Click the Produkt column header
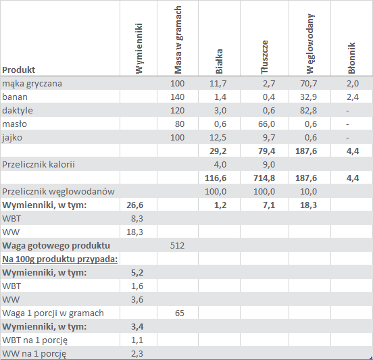(x=18, y=70)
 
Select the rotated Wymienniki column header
(x=139, y=49)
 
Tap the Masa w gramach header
(x=178, y=40)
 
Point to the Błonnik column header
(x=351, y=58)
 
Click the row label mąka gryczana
(x=32, y=84)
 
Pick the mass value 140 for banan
(x=177, y=97)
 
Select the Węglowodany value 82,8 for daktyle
(x=308, y=111)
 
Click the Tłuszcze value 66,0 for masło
(x=266, y=124)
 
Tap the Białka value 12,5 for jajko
(x=218, y=138)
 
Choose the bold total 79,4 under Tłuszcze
(x=266, y=151)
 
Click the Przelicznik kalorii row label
(x=39, y=165)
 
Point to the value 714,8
(x=264, y=178)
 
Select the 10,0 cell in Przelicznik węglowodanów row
(x=308, y=192)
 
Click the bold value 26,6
(x=134, y=205)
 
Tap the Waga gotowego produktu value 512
(x=177, y=246)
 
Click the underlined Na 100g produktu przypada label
(x=60, y=259)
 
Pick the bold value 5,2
(x=137, y=273)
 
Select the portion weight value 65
(x=180, y=313)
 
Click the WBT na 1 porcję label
(x=34, y=340)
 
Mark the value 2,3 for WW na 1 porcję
(x=137, y=354)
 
